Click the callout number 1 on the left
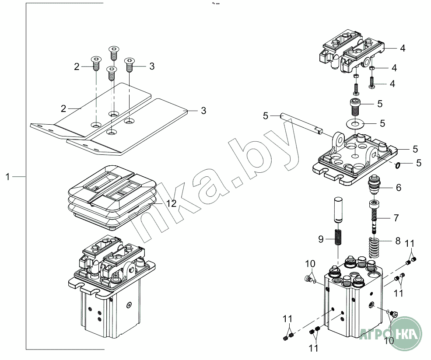[7, 176]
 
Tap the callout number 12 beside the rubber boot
[171, 203]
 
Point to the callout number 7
[396, 217]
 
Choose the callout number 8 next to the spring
[398, 240]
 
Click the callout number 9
[321, 239]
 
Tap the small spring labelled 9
[339, 238]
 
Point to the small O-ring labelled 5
[397, 165]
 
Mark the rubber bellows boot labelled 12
[109, 197]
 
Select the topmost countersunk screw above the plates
[114, 52]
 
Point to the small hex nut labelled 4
[371, 68]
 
